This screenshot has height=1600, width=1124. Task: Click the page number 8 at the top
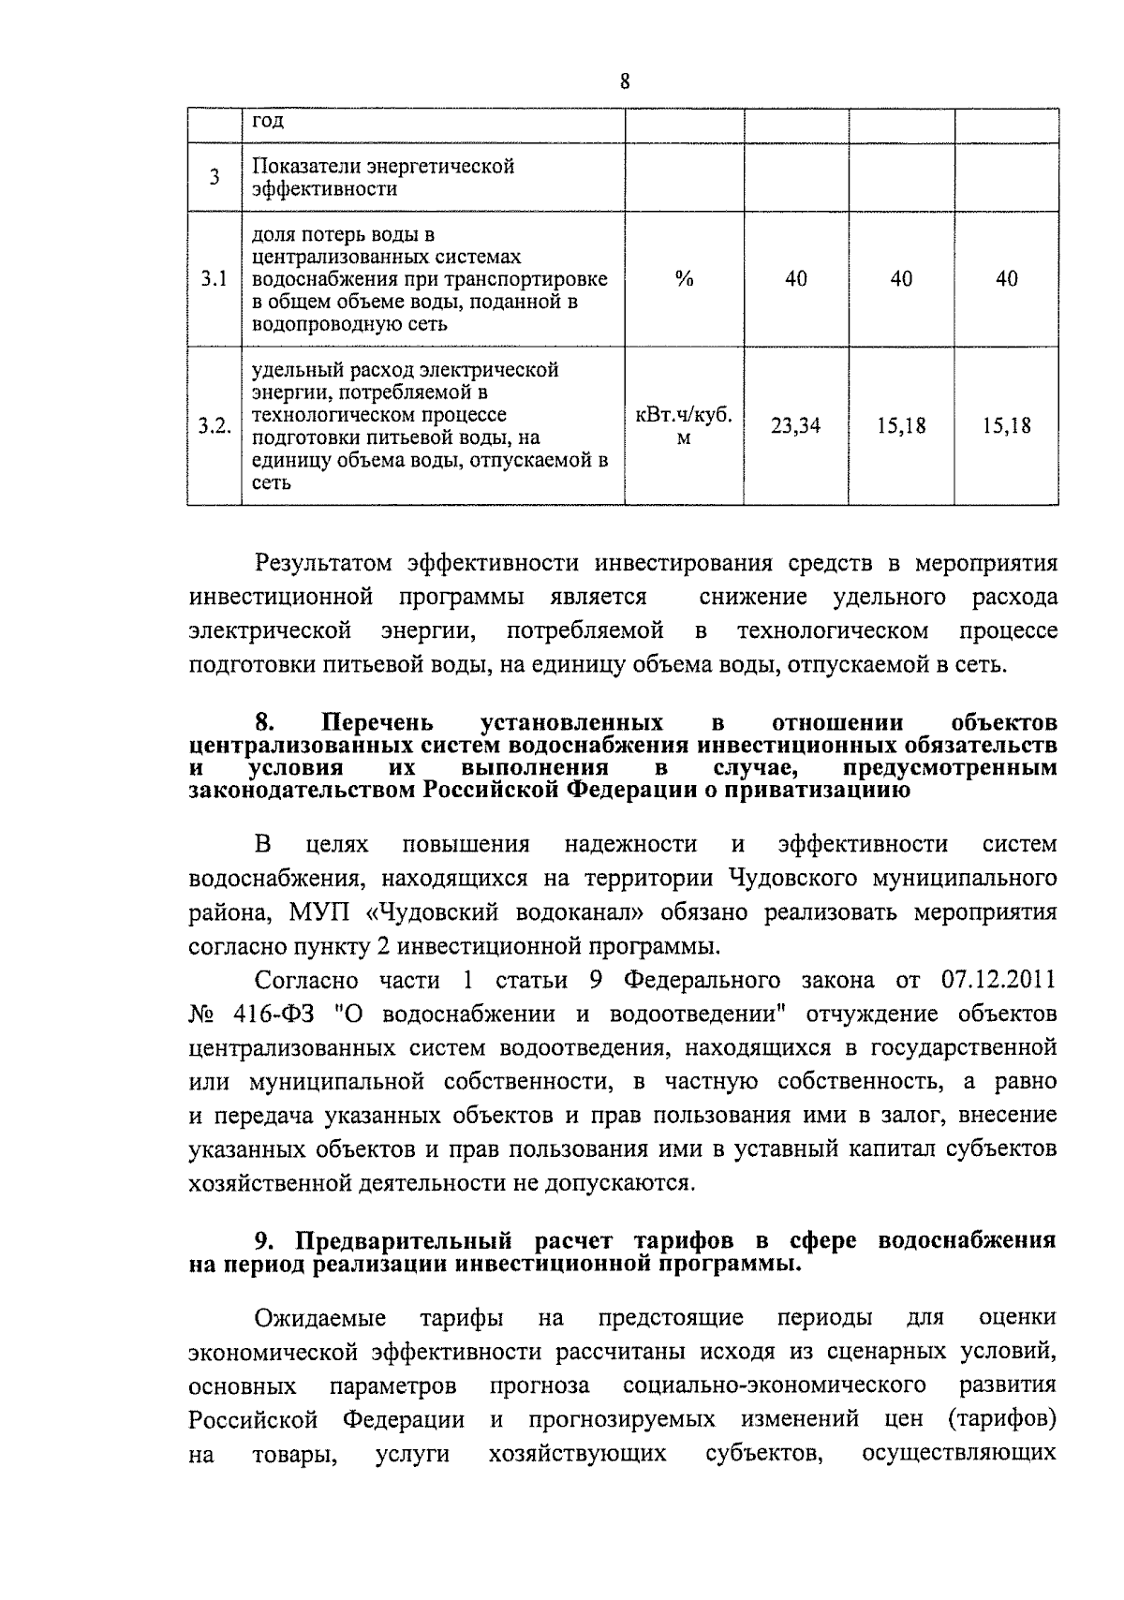(625, 81)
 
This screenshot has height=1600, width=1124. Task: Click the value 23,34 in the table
(795, 426)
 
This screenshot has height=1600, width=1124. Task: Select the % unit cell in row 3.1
(684, 278)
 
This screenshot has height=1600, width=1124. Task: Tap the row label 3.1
(214, 278)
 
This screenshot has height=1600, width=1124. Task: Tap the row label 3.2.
(214, 426)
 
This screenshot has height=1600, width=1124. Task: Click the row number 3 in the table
(214, 177)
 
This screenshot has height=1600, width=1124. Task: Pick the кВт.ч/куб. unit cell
(684, 415)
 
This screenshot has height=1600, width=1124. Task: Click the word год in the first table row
(268, 121)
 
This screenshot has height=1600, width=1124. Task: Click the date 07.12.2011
(996, 980)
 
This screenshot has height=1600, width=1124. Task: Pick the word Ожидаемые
(320, 1318)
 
